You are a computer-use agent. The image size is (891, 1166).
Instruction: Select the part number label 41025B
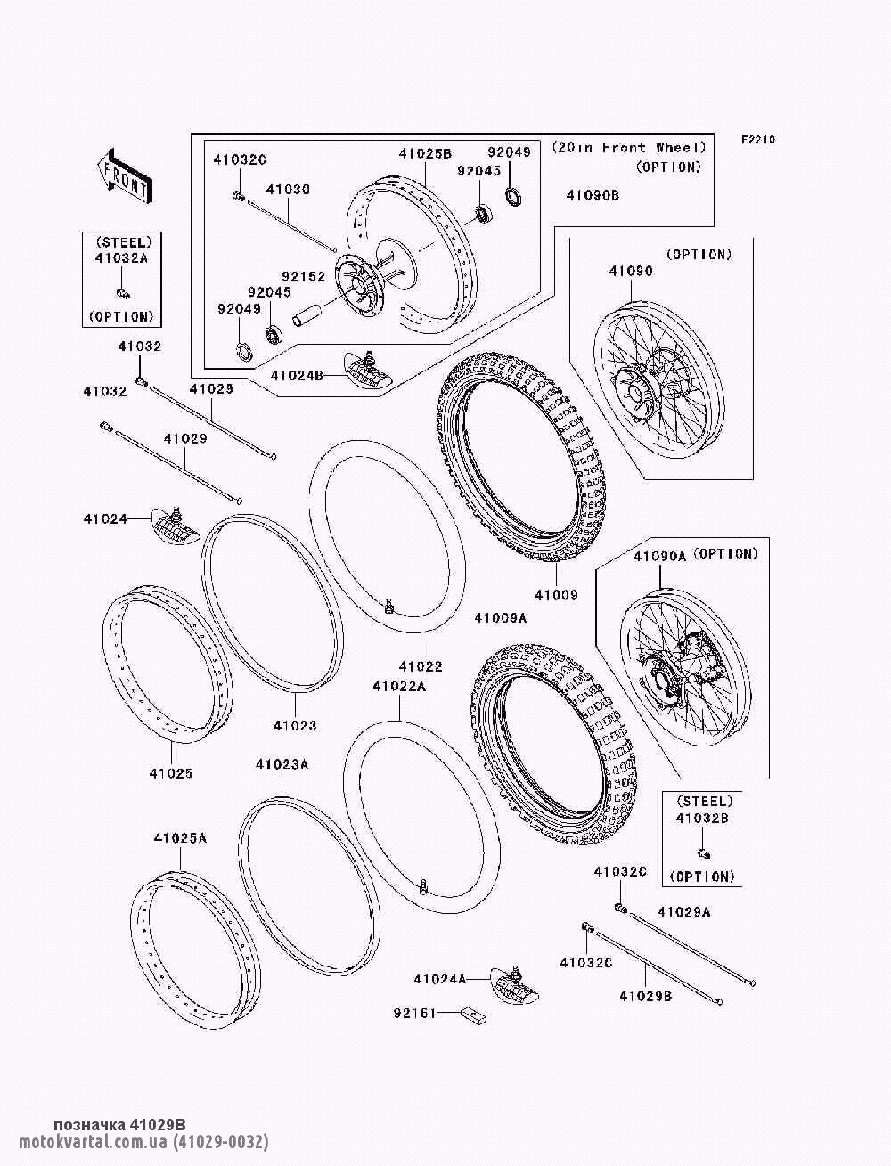425,153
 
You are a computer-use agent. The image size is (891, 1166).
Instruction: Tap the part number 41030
288,190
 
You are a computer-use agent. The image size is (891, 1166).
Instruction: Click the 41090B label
593,194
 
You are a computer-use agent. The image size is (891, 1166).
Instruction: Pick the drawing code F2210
758,139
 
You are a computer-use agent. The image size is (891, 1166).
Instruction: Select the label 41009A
500,618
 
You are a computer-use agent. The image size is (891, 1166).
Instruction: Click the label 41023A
282,764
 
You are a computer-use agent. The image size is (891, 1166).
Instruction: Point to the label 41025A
179,838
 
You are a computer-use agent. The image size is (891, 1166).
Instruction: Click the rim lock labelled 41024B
369,368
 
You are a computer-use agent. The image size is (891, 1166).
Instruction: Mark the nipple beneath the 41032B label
703,852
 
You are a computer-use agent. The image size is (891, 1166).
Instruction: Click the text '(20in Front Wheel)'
628,147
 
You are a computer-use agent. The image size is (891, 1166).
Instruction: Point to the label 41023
295,726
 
